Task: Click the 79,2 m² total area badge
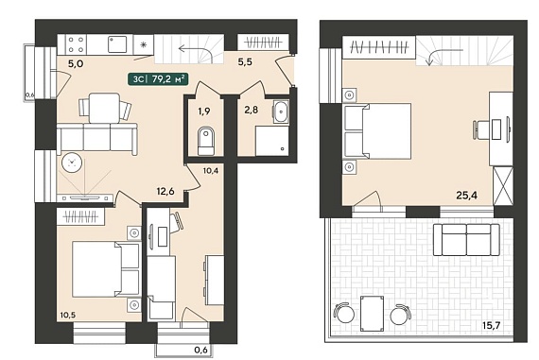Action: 158,79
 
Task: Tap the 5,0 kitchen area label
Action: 76,63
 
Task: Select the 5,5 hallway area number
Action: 245,61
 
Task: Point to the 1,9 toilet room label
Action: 204,111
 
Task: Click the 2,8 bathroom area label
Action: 252,110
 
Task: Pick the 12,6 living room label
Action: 165,191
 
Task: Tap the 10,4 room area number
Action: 210,170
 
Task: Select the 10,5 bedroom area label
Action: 67,315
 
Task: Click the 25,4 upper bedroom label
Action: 467,195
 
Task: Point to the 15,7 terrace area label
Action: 493,325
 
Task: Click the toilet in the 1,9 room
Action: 205,141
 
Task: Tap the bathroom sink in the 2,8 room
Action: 282,112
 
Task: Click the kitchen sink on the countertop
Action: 118,44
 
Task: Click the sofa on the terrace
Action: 466,240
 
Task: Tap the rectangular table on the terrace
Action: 373,314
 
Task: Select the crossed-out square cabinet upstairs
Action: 503,186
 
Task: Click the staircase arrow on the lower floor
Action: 195,51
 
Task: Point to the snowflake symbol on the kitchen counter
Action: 144,44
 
